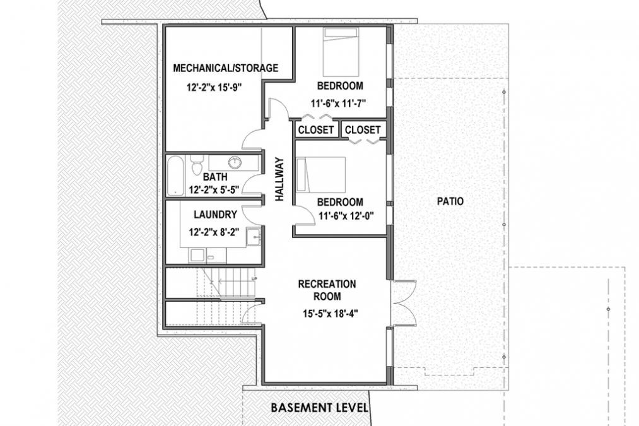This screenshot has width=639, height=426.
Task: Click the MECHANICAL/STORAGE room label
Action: point(225,68)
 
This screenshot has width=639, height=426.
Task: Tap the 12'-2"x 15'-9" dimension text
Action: point(215,88)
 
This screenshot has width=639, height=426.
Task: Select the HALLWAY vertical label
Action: point(279,180)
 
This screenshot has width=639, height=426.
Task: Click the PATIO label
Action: point(450,201)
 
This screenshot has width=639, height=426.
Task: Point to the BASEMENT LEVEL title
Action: point(319,407)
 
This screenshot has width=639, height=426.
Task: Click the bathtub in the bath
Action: point(176,175)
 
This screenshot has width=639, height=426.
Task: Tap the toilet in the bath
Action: point(196,167)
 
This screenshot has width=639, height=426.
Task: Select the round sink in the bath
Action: point(235,162)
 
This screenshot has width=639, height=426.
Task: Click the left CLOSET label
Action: point(315,130)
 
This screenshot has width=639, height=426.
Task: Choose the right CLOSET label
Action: point(363,130)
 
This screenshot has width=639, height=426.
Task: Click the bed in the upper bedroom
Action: point(341,52)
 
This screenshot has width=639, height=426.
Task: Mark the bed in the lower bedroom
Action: point(321,175)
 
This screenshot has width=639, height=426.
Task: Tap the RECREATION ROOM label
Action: point(327,290)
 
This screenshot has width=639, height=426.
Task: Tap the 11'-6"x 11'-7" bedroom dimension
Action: point(339,103)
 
